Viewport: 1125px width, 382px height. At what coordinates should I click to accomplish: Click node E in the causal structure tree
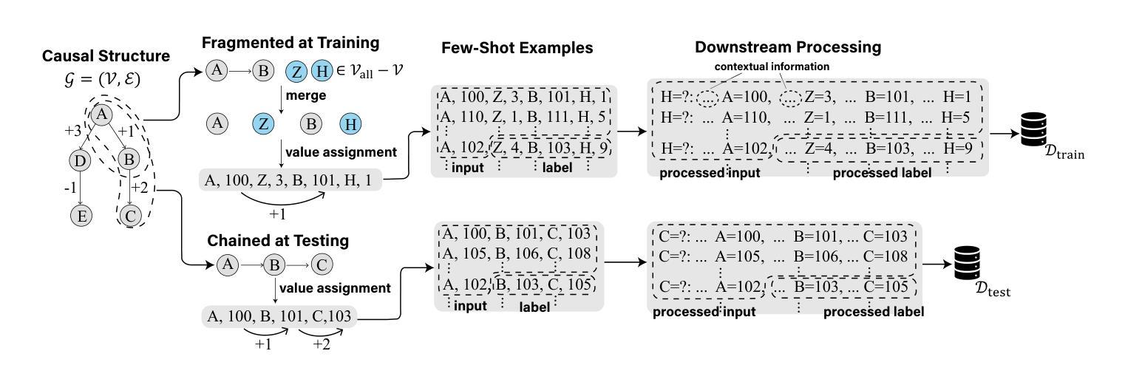tap(81, 216)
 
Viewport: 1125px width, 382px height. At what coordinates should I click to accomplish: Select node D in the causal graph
tap(80, 160)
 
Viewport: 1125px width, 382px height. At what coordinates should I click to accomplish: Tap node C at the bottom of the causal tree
tap(130, 216)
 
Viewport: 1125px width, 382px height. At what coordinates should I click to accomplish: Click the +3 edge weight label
tap(73, 131)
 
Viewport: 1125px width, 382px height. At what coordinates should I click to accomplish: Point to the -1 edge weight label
tap(70, 188)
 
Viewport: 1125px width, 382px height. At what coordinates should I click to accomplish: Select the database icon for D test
tap(968, 263)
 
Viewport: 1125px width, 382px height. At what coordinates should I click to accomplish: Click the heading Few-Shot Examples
tap(517, 48)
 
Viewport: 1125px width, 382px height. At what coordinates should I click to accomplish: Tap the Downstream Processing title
tap(787, 47)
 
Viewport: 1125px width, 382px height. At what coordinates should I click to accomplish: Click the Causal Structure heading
tap(106, 55)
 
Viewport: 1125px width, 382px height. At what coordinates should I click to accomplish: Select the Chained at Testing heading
tap(278, 240)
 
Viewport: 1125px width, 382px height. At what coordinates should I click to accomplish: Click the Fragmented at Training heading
tap(290, 43)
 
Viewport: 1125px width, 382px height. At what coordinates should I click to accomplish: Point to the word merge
tap(306, 95)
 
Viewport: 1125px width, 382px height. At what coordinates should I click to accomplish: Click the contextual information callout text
tap(772, 66)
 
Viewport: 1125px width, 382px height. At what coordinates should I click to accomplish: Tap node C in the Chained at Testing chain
tap(322, 265)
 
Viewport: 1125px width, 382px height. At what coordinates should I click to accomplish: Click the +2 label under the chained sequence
tap(322, 344)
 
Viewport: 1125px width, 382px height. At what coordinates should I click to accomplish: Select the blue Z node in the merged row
tap(263, 123)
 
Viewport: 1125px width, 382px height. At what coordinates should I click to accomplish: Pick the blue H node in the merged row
tap(350, 124)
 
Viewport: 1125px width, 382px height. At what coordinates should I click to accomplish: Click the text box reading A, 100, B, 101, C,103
tap(279, 316)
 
